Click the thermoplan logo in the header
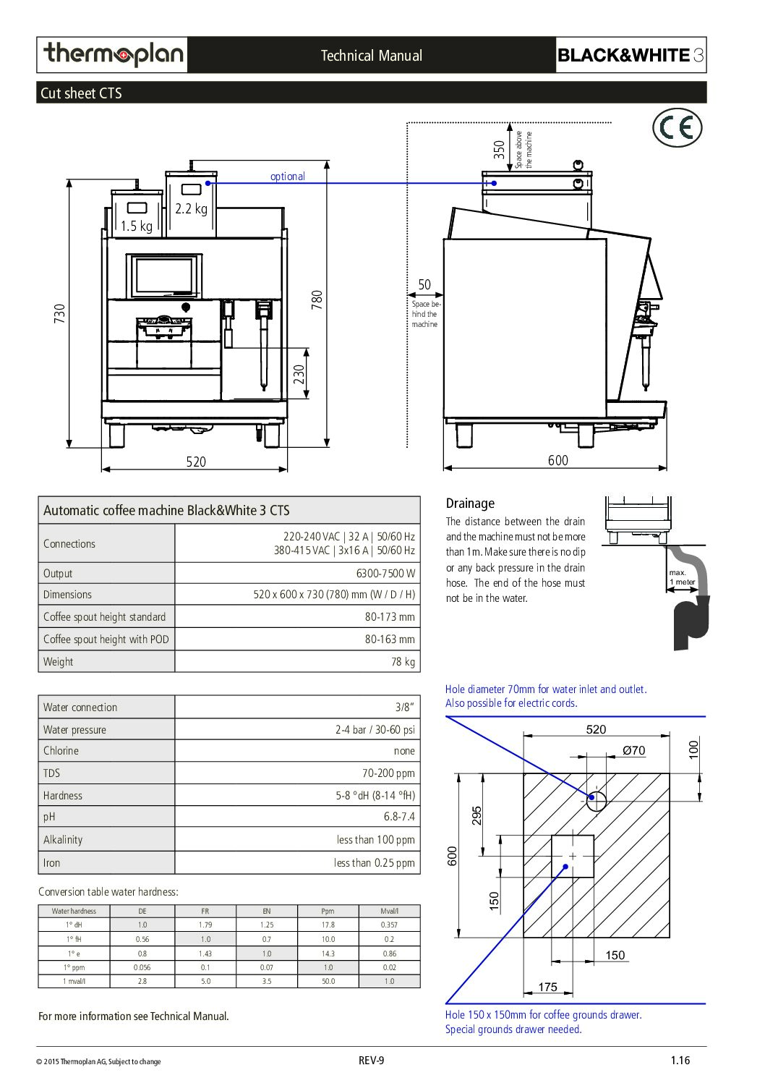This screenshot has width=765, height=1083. pos(114,54)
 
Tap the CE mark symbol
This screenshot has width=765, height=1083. pos(677,127)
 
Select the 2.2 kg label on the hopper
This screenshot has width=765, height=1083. pos(191,208)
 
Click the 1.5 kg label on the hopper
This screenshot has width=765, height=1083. pos(136,226)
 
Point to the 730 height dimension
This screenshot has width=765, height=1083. pos(59,313)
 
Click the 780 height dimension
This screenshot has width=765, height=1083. pos(317,300)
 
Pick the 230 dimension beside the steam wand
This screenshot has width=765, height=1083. pos(299,374)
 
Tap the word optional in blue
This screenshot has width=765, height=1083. pos(288,176)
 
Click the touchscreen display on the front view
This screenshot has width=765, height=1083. pos(164,276)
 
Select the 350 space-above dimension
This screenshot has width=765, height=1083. pos(499,150)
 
